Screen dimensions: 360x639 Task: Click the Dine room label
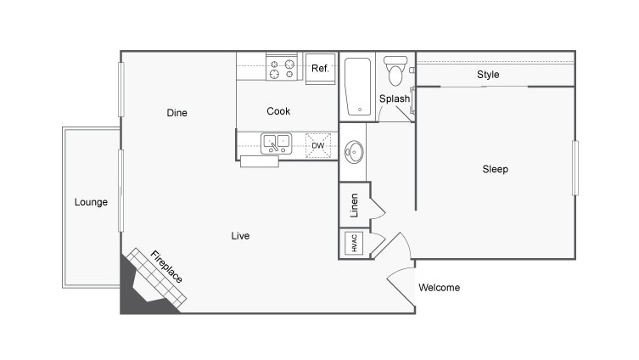(x=177, y=113)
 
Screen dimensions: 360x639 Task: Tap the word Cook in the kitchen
(x=278, y=111)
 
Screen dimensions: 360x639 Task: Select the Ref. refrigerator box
(x=320, y=68)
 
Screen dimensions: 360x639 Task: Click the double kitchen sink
(x=276, y=144)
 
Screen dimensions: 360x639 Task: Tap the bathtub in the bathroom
(x=357, y=87)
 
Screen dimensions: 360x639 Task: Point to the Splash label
(x=395, y=98)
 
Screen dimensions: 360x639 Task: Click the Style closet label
(x=488, y=75)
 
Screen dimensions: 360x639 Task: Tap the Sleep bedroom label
(x=495, y=169)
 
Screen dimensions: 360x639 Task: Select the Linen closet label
(x=354, y=205)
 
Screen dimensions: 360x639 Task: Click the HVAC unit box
(x=353, y=243)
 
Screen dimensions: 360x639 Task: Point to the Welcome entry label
(x=440, y=287)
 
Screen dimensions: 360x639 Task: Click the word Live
(x=240, y=236)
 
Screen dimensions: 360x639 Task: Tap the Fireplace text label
(x=166, y=267)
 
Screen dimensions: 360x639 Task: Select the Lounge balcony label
(x=91, y=202)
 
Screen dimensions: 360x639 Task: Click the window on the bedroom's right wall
(x=575, y=168)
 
